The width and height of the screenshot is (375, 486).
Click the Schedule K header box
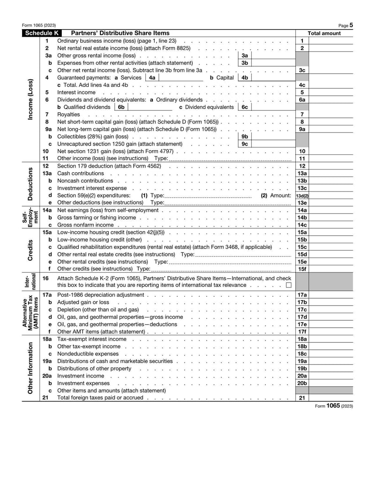[x=42, y=33]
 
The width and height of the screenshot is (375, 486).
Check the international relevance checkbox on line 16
[x=288, y=285]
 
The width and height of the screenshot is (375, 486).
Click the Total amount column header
[x=324, y=33]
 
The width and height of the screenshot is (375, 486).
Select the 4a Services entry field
[x=181, y=77]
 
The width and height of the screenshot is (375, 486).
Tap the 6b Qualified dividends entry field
[x=150, y=107]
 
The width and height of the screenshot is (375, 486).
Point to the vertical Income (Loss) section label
[x=30, y=99]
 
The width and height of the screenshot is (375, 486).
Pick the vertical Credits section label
[x=30, y=250]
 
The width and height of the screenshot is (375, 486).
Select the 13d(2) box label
[x=302, y=195]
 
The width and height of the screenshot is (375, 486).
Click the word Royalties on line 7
[x=68, y=115]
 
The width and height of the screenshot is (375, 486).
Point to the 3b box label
[x=244, y=63]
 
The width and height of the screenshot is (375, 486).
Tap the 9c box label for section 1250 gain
[x=244, y=144]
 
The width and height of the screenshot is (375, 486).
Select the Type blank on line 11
[x=229, y=159]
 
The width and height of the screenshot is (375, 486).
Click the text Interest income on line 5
[x=76, y=93]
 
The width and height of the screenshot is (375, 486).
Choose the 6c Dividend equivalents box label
[x=244, y=107]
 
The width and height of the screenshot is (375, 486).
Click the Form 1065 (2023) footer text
[x=334, y=406]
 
